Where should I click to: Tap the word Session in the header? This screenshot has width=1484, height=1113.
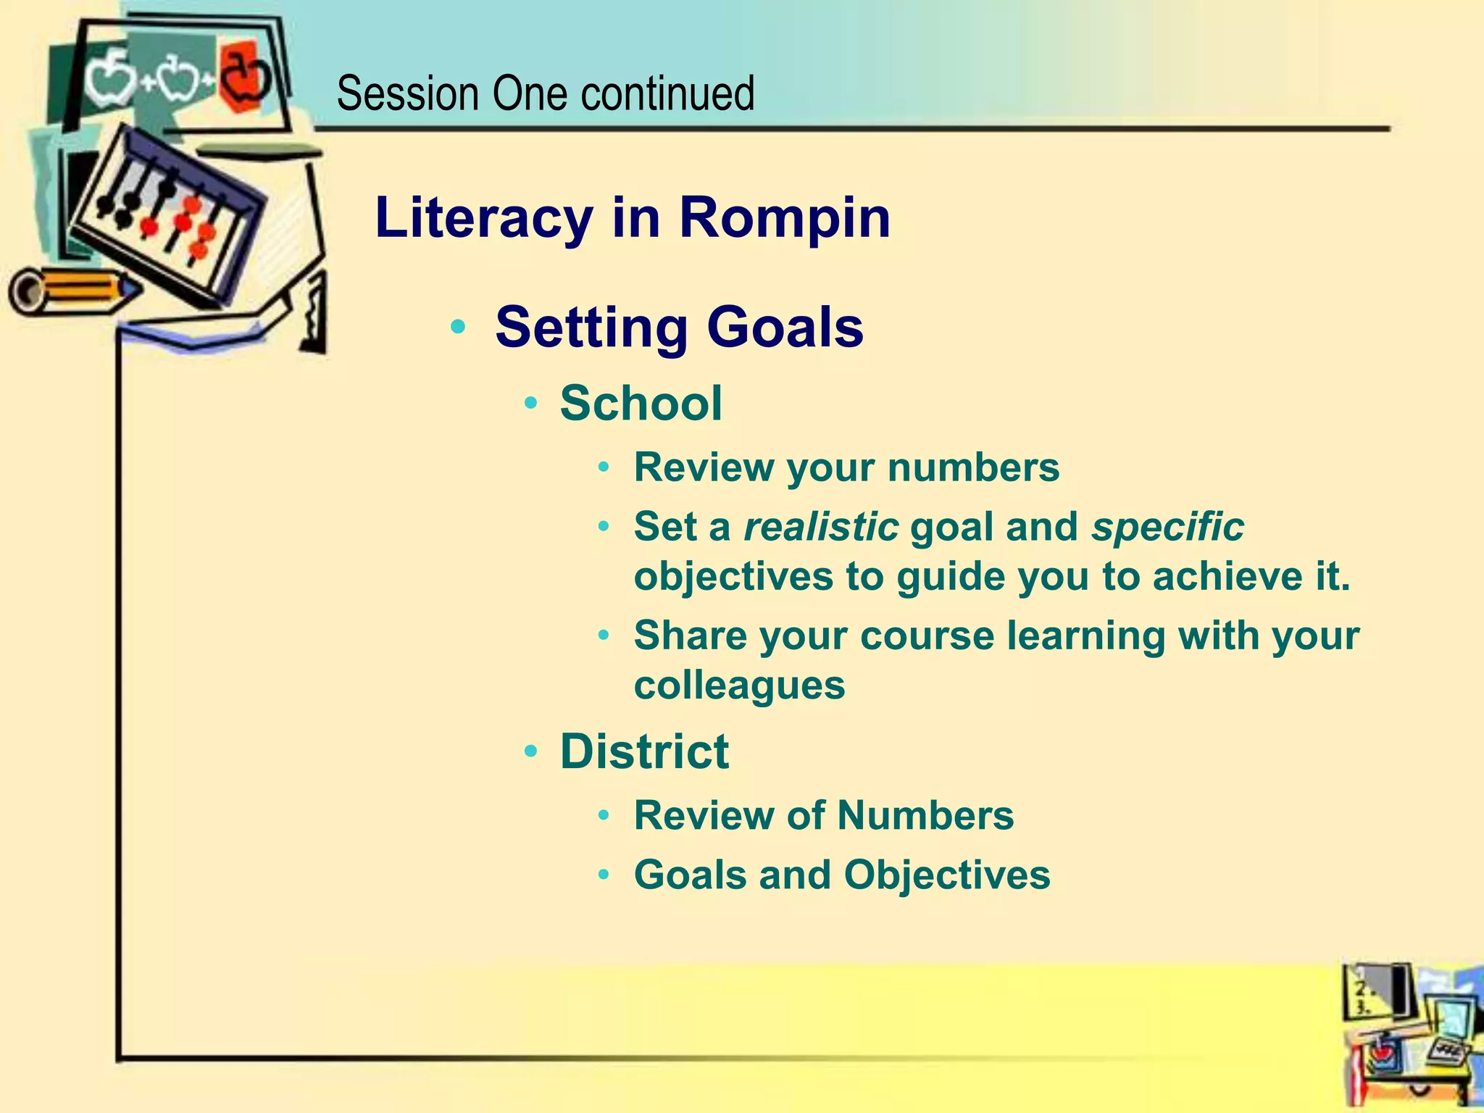pos(408,94)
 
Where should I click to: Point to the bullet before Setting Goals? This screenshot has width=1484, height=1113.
pos(457,327)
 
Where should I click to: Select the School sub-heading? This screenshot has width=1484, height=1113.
pos(641,403)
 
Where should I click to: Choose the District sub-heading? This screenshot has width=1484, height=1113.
pos(644,751)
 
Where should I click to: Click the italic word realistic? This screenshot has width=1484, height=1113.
pos(821,526)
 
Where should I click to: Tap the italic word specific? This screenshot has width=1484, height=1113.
pos(1167,526)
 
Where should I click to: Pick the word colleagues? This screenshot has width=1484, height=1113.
pos(739,685)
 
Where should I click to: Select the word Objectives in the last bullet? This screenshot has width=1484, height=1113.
pos(946,875)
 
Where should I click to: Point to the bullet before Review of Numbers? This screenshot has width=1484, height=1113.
pos(604,816)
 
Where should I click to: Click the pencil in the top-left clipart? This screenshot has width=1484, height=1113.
pos(72,290)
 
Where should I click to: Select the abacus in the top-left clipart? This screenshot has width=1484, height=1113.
pos(170,210)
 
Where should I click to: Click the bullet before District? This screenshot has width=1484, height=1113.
pos(531,752)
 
